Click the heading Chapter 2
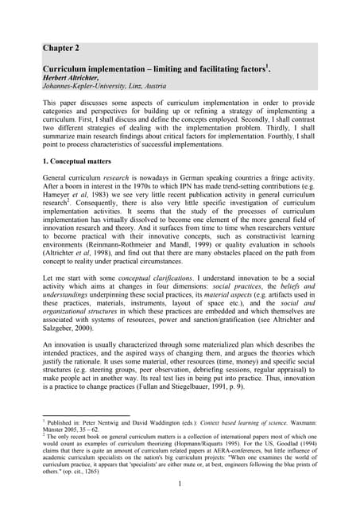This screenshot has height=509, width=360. point(64,49)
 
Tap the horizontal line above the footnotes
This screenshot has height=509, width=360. point(87,424)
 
